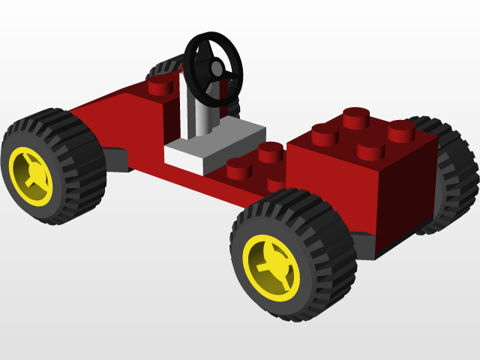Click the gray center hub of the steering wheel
217,70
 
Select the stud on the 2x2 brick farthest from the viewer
358,117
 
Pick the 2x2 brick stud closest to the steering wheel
325,133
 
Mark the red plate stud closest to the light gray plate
238,168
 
